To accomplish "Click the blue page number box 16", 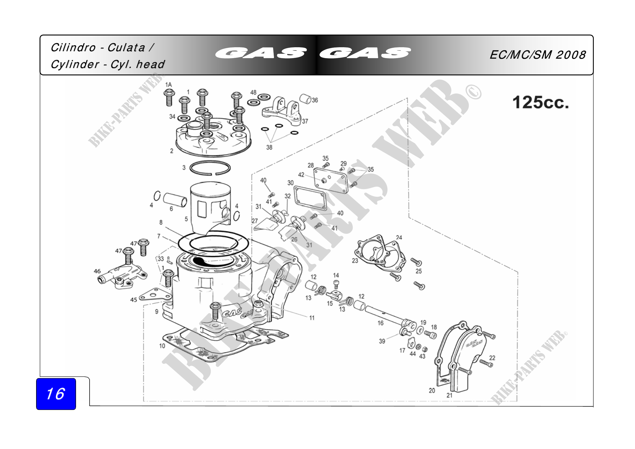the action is pos(56,394).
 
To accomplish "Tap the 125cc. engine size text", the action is pos(541,102).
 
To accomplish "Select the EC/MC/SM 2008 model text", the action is pos(538,55).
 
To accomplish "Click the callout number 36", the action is pos(315,100).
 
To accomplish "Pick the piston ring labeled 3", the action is pos(210,167).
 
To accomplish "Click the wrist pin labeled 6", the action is pos(175,200).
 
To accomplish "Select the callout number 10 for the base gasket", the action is pos(162,346).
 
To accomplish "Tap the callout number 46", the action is pos(97,271).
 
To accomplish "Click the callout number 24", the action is pos(399,238).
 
